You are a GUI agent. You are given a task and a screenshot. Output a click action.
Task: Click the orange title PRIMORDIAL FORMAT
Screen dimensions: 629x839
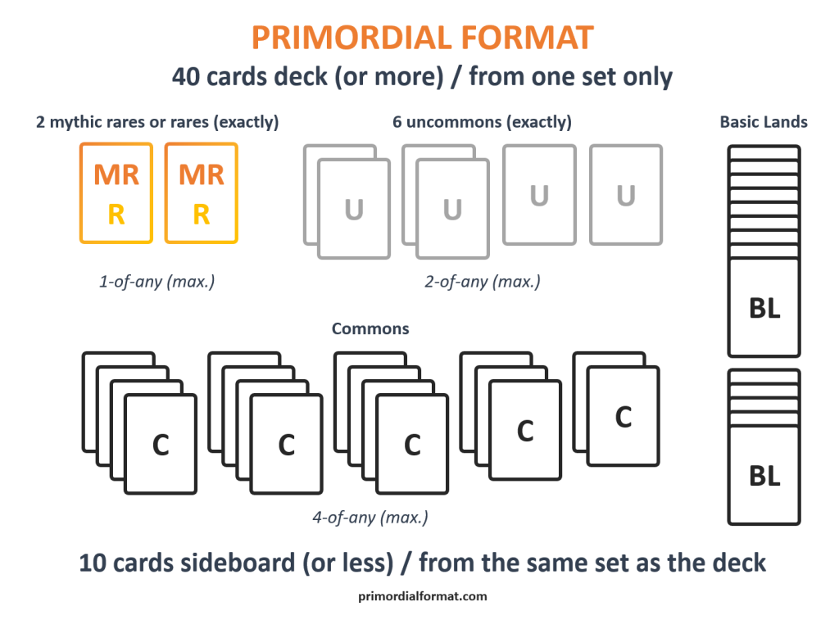(x=422, y=38)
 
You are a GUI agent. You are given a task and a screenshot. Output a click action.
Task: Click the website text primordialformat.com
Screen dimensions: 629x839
(x=423, y=596)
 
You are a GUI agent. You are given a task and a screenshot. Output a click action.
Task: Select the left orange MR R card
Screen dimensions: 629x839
(x=116, y=193)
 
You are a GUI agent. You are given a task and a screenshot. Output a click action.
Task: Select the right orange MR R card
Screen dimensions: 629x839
(x=202, y=193)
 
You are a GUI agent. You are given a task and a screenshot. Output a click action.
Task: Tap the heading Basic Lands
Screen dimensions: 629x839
(x=764, y=122)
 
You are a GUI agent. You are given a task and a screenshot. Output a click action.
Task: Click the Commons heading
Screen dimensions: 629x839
(x=370, y=328)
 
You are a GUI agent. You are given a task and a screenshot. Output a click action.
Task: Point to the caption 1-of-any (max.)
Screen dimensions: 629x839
(x=156, y=281)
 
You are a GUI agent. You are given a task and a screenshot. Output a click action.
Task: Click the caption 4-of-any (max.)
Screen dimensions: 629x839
(x=370, y=518)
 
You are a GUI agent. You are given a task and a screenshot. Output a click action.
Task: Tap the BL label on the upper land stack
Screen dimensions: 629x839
(x=764, y=308)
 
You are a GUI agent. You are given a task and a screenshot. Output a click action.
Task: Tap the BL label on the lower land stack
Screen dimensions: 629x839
(x=764, y=476)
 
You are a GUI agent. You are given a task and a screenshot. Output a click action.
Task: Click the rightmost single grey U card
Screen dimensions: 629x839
(x=626, y=195)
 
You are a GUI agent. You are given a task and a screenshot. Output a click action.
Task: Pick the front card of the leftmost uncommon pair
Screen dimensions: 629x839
(x=354, y=210)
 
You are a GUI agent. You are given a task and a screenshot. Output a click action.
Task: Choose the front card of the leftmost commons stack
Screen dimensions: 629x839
(x=161, y=445)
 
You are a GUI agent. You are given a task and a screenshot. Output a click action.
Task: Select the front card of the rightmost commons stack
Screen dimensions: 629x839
(x=623, y=417)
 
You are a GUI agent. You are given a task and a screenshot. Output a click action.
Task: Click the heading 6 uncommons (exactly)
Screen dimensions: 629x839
(x=482, y=122)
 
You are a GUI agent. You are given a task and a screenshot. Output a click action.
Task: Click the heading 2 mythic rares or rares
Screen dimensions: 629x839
(x=157, y=122)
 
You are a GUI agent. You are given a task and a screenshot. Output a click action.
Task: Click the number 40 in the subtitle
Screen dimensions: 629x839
(x=187, y=77)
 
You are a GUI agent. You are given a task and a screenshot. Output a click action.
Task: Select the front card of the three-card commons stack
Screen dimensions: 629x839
(x=525, y=430)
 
